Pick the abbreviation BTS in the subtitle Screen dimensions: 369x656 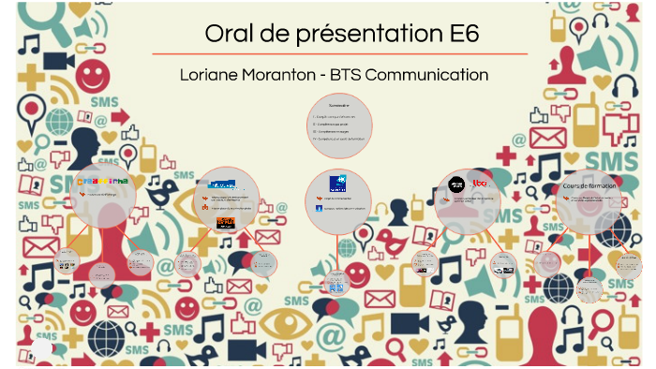click(x=368, y=74)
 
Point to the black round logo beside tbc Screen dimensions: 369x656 click(x=456, y=184)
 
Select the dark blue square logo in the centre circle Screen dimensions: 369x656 click(x=337, y=183)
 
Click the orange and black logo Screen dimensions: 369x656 click(x=226, y=222)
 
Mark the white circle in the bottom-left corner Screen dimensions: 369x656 click(x=42, y=349)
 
